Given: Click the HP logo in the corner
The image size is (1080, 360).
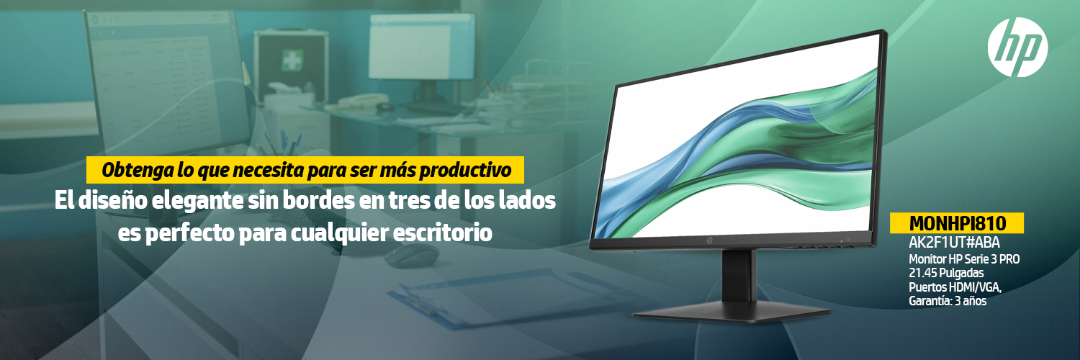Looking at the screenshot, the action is point(1017,47).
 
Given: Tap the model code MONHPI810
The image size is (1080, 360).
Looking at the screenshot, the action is point(957,223).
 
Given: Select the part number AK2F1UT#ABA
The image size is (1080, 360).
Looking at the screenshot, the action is point(954,242).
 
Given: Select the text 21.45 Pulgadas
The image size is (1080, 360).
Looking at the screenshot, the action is point(947,274).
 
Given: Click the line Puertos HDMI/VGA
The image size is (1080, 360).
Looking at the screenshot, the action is point(955,287).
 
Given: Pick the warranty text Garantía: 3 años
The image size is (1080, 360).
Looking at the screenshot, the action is point(948,301).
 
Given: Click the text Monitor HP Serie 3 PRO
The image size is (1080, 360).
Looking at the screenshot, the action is point(964,259).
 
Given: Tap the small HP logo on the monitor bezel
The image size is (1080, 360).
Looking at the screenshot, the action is point(709,240).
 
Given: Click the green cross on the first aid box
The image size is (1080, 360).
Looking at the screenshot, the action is point(292,60).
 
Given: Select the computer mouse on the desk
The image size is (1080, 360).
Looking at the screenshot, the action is point(411,254).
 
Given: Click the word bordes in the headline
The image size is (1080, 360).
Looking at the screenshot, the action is point(319,200).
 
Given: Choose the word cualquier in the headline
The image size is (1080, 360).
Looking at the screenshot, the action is point(339,233).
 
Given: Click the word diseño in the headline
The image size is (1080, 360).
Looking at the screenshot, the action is point(113,200).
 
